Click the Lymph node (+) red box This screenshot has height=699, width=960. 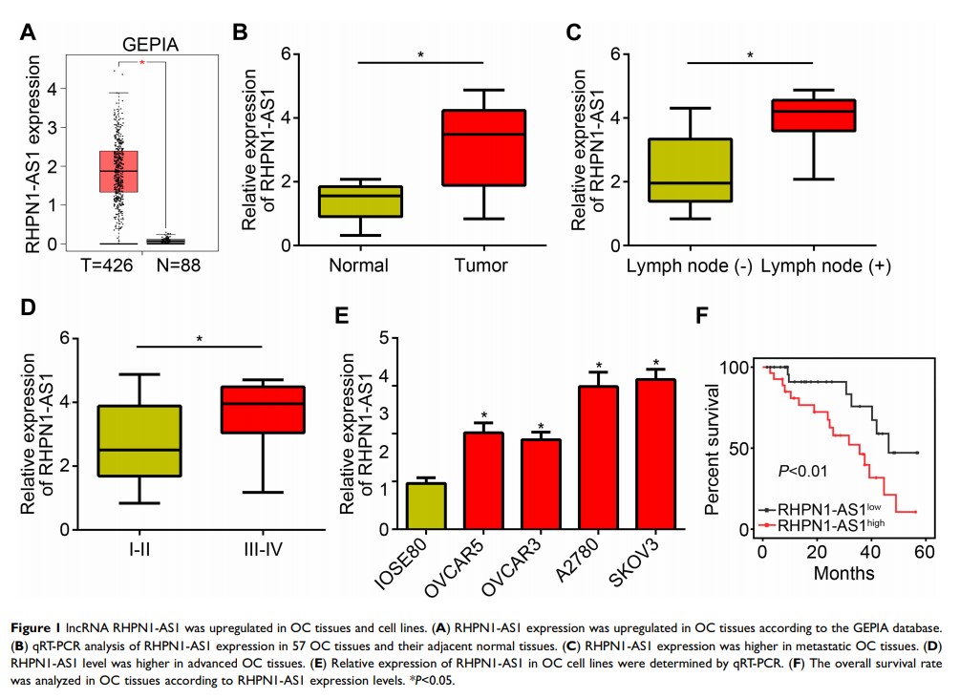click(813, 115)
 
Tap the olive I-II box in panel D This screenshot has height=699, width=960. click(139, 441)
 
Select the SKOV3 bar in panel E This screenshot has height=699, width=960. click(656, 455)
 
